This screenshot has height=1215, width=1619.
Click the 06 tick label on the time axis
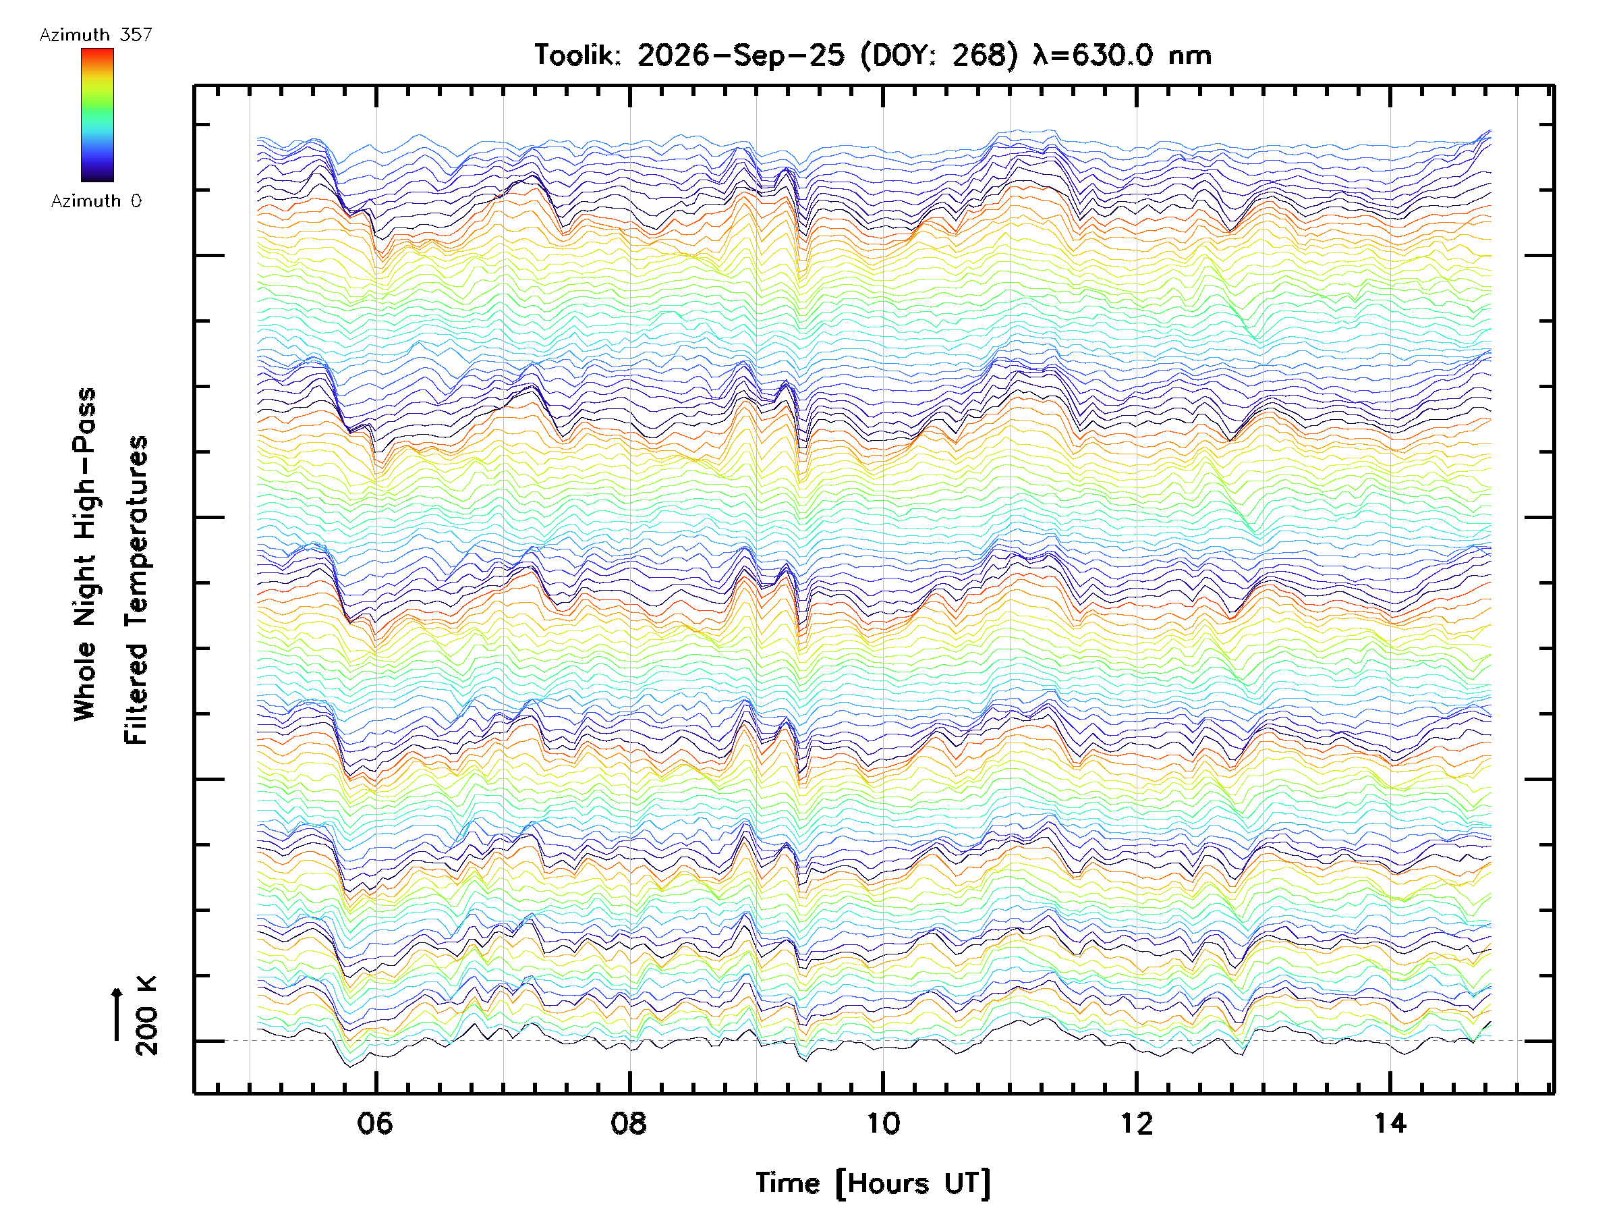pos(375,1123)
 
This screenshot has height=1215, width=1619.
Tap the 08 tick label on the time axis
pos(629,1123)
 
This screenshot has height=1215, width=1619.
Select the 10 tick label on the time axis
pos(882,1123)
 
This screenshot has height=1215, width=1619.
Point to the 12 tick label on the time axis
pos(1137,1123)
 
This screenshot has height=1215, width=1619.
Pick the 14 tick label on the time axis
pos(1390,1123)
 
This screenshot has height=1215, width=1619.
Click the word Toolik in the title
pos(577,55)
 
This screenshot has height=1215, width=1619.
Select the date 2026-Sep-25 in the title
pos(741,55)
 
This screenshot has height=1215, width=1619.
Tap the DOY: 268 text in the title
pos(939,55)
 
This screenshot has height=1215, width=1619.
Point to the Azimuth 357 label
pos(96,34)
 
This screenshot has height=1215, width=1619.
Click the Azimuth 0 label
pos(96,200)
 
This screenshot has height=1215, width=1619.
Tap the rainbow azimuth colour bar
pos(97,115)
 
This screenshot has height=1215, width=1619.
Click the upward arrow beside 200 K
pos(117,1014)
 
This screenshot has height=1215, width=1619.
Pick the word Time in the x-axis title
pos(787,1183)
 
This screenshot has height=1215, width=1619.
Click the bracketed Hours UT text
pos(913,1183)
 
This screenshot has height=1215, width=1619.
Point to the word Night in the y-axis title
pos(86,591)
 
